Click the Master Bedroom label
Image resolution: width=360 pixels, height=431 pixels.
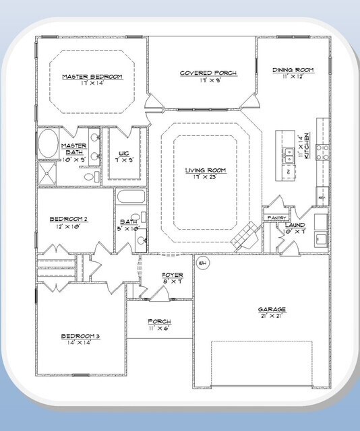pyautogui.click(x=92, y=77)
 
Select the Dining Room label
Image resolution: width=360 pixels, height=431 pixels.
pyautogui.click(x=293, y=69)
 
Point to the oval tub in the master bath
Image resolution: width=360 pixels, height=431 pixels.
pyautogui.click(x=48, y=144)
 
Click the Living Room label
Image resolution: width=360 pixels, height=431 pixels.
pyautogui.click(x=206, y=170)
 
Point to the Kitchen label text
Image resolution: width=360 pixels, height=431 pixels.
pyautogui.click(x=307, y=145)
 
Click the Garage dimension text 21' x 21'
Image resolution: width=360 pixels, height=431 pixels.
pyautogui.click(x=272, y=317)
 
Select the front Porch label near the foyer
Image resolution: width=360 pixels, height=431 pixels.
pyautogui.click(x=159, y=322)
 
